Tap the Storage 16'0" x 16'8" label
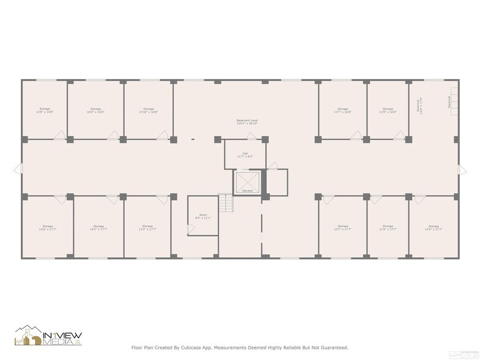pos(96,110)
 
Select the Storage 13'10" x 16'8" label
pos(148,110)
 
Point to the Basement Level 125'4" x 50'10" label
pos(247,122)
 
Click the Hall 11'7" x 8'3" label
pos(245,155)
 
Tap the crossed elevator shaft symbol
pos(247,182)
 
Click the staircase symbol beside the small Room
pos(227,203)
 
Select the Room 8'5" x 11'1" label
pos(203,217)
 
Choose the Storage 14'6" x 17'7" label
pos(47,228)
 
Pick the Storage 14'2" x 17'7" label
pos(98,228)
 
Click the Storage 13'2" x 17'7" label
pos(148,228)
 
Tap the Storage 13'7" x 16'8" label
pos(342,110)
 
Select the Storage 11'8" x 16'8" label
pos(388,110)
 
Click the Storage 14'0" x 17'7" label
pos(433,228)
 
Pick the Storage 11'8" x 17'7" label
pos(388,228)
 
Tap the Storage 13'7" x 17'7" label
pos(342,228)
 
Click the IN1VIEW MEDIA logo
pos(48,336)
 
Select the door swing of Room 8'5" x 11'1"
pos(190,228)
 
